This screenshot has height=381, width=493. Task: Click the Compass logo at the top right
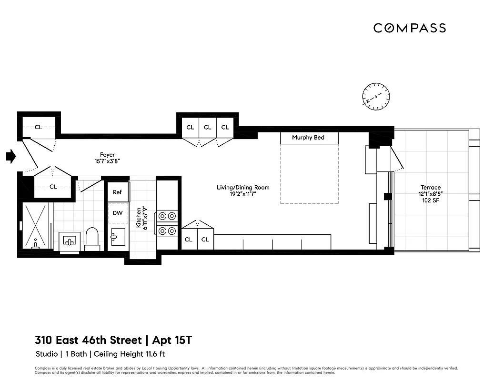click(409, 28)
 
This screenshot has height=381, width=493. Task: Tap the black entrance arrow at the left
click(11, 156)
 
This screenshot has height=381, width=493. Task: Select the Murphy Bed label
click(309, 138)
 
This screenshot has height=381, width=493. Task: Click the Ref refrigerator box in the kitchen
click(117, 192)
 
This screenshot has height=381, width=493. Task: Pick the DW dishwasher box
click(118, 213)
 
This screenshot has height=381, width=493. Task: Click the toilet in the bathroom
click(92, 239)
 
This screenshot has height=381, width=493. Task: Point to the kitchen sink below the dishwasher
click(118, 237)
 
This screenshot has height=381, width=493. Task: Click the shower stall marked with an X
click(36, 226)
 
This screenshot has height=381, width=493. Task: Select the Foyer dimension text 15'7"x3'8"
click(107, 161)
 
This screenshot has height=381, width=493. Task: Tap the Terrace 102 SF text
click(431, 201)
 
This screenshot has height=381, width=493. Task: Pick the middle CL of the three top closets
click(208, 127)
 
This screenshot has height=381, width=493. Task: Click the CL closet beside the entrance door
click(39, 127)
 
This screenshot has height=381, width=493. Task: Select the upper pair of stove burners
click(167, 215)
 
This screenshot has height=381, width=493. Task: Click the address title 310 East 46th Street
click(88, 340)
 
